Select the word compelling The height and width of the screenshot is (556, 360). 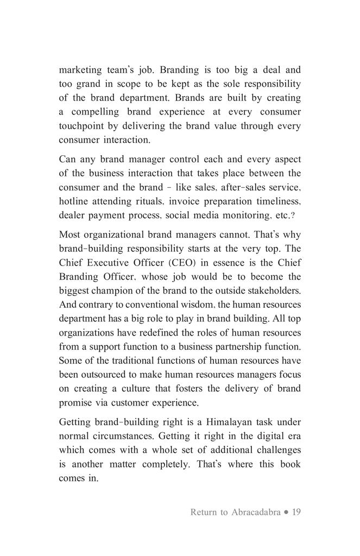click(x=94, y=112)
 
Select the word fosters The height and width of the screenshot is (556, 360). click(x=204, y=389)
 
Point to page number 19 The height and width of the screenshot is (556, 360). click(x=296, y=512)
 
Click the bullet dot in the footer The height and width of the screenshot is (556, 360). click(x=286, y=512)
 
